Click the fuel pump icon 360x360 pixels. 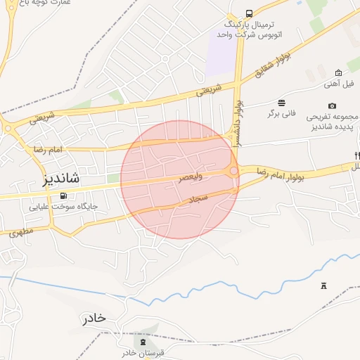pos(64,195)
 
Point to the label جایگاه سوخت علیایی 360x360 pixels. pos(64,207)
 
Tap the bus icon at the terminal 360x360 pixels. pos(249,13)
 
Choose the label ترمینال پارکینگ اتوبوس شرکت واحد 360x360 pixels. pos(248,28)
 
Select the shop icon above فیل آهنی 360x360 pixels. pos(338,72)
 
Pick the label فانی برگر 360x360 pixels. pos(281,113)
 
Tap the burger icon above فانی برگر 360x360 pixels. pos(281,102)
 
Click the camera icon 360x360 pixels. pos(332,105)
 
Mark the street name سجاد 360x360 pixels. pos(199,199)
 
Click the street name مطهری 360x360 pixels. pos(22,231)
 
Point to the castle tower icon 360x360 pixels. pos(323,285)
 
